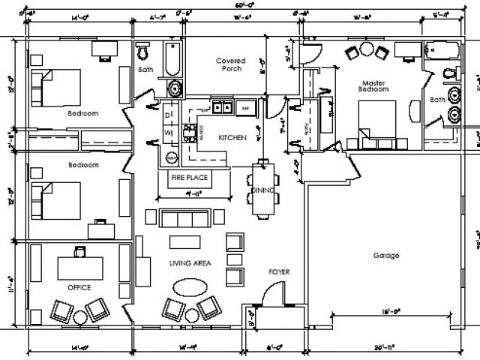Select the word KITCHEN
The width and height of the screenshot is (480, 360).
click(x=232, y=138)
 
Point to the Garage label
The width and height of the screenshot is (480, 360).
click(x=386, y=255)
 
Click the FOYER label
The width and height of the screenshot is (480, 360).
click(x=279, y=271)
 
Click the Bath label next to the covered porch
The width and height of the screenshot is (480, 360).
click(x=145, y=70)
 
